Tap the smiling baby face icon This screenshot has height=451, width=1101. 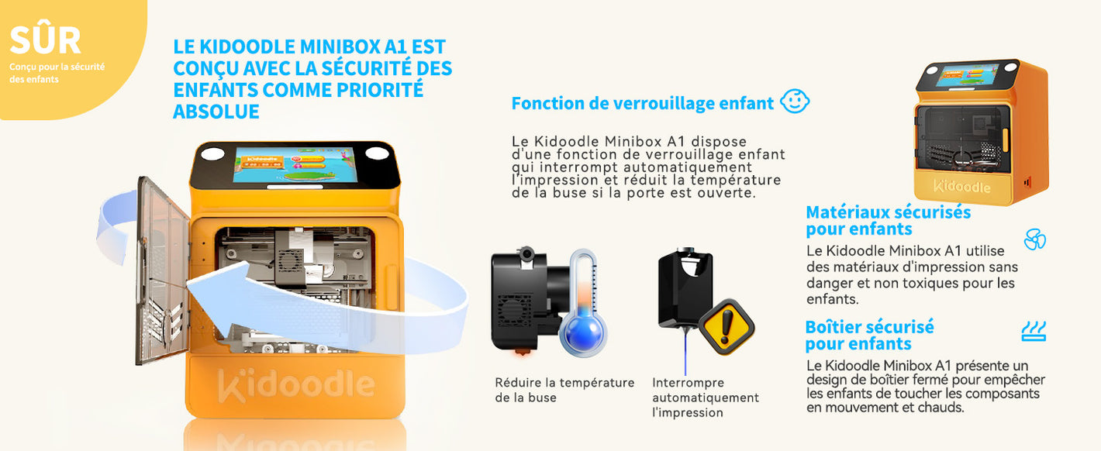[x=795, y=102]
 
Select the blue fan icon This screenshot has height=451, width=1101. [x=1034, y=239]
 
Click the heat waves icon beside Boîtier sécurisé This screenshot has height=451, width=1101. [x=1034, y=331]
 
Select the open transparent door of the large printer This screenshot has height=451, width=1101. [x=162, y=270]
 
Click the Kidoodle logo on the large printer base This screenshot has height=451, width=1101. [x=296, y=384]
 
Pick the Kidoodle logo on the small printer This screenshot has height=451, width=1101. [x=962, y=187]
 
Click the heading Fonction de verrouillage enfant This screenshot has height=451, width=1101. [x=643, y=104]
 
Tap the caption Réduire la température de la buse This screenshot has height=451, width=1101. [x=564, y=390]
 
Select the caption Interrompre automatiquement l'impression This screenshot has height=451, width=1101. [x=706, y=398]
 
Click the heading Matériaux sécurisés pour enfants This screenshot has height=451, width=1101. [x=889, y=221]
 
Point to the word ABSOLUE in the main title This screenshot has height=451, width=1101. [x=216, y=112]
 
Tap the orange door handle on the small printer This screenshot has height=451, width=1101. [x=1005, y=140]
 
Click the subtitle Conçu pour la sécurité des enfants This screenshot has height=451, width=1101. [x=57, y=73]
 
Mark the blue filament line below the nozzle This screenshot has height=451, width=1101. [x=685, y=351]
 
